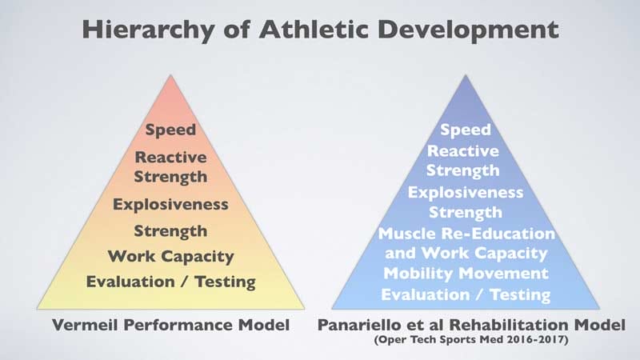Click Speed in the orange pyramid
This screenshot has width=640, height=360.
(170, 129)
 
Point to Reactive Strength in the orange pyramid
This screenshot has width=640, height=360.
(170, 166)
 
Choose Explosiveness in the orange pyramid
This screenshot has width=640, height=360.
(170, 204)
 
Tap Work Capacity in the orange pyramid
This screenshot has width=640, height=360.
(170, 257)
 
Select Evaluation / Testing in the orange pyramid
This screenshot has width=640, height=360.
(170, 281)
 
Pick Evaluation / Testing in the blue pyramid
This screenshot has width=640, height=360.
(466, 294)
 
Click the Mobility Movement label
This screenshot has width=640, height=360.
(466, 274)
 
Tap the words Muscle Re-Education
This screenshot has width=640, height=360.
(466, 234)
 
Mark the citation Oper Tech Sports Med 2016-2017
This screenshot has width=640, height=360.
(466, 342)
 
